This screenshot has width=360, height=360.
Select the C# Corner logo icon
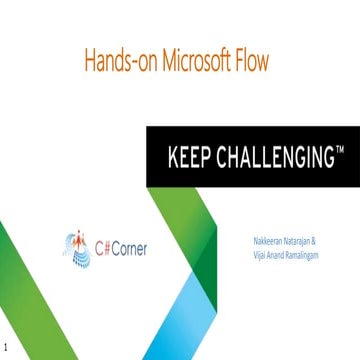coord(77,248)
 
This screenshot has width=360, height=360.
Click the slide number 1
coord(6,351)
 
